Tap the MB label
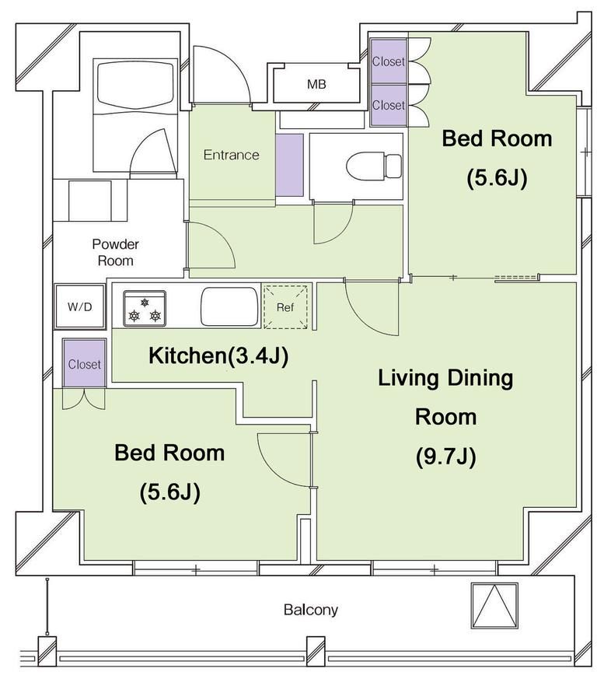point(316,84)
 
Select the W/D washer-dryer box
point(80,306)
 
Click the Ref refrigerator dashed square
point(285,306)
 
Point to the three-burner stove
point(145,308)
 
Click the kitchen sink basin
point(229,306)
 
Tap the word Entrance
point(231,155)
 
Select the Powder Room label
point(115,252)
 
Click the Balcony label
point(310,610)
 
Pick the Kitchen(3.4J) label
point(218,355)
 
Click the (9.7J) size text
point(446,456)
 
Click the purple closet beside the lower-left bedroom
point(85,363)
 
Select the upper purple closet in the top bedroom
point(389,61)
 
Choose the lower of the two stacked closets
point(389,105)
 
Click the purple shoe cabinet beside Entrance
point(290,165)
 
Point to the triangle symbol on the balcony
point(495,605)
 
